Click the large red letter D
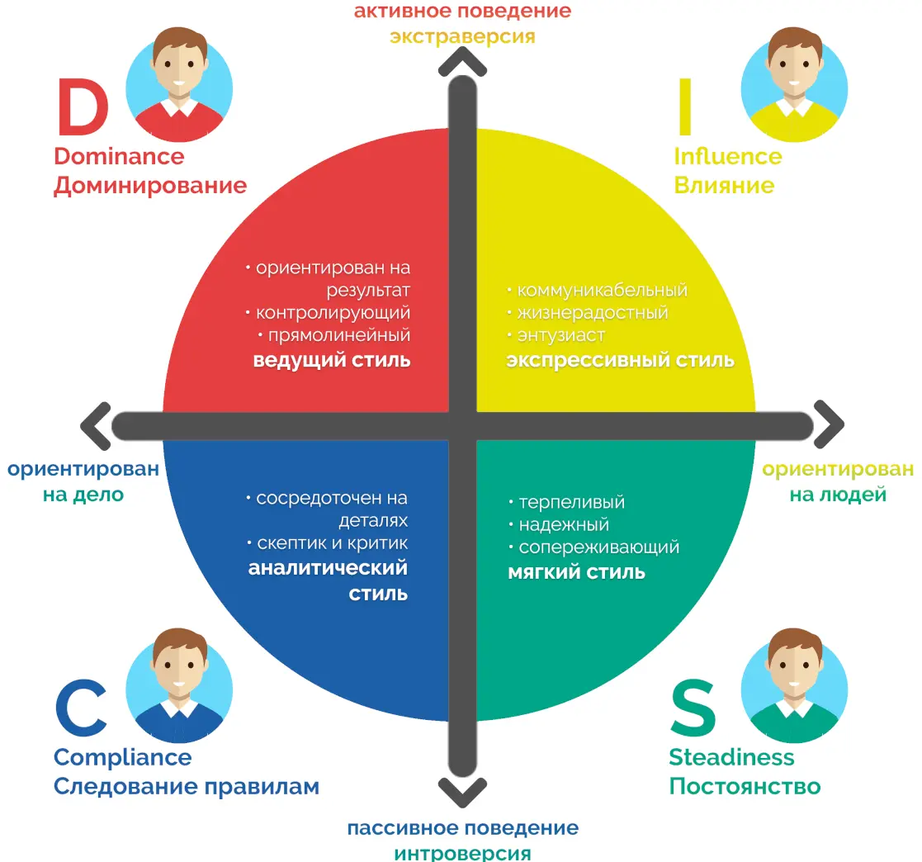(83, 108)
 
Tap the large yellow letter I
(684, 108)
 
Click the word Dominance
(119, 156)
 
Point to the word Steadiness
(731, 757)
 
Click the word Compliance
(122, 757)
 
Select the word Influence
(727, 156)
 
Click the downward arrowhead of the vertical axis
(462, 793)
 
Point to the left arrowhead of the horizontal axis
(96, 425)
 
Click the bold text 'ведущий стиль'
(332, 361)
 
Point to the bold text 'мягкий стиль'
(576, 571)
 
